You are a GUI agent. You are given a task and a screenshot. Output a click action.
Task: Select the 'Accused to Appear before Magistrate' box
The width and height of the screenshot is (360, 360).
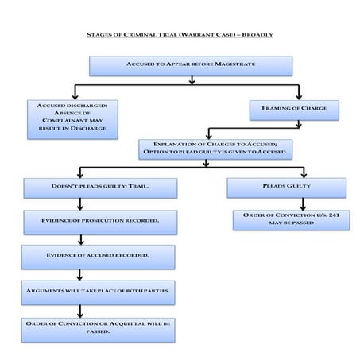pos(190,64)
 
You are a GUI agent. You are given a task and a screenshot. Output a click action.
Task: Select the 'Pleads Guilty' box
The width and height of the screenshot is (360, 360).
pos(286,188)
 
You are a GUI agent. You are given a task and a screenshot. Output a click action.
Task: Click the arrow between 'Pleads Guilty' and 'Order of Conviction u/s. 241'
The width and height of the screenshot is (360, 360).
pos(303,204)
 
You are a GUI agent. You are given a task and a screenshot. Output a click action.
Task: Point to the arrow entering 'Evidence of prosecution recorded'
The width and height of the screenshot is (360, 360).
pos(80,204)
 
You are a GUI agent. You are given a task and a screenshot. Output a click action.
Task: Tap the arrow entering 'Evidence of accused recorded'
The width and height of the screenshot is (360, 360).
pos(80,239)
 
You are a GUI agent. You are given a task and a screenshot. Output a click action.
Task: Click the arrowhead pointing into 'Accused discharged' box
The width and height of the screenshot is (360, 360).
pos(75,95)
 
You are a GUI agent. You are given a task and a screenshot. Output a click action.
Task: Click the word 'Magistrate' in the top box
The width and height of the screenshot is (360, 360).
pos(237,64)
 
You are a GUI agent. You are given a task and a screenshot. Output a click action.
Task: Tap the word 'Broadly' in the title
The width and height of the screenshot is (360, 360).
pos(256,35)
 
